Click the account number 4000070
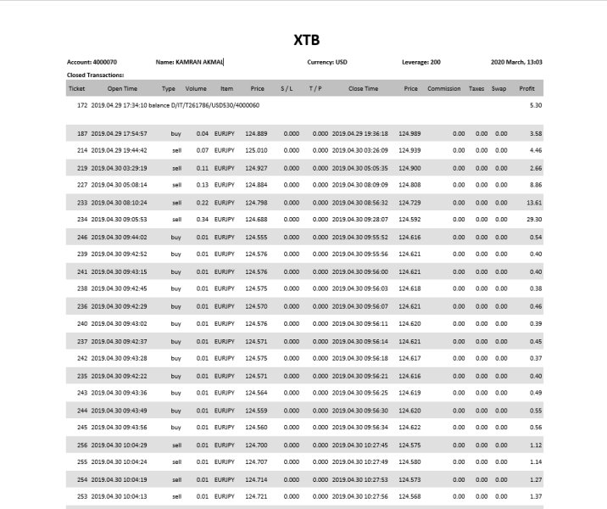pyautogui.click(x=105, y=62)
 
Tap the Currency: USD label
pyautogui.click(x=327, y=62)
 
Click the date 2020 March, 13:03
pyautogui.click(x=516, y=62)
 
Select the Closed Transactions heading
pyautogui.click(x=96, y=75)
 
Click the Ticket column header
pyautogui.click(x=76, y=88)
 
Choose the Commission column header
pyautogui.click(x=443, y=88)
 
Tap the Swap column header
pyautogui.click(x=500, y=88)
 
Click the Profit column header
pyautogui.click(x=527, y=88)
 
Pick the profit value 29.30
pyautogui.click(x=534, y=219)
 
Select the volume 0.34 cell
pyautogui.click(x=202, y=219)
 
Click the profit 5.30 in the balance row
pyautogui.click(x=535, y=105)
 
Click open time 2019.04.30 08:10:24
pyautogui.click(x=119, y=203)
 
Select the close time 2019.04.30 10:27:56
pyautogui.click(x=360, y=496)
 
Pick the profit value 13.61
pyautogui.click(x=534, y=203)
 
